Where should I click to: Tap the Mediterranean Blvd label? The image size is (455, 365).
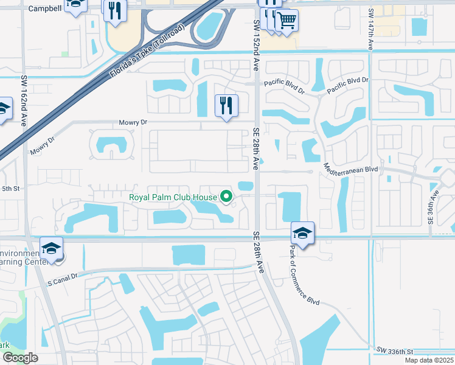[352, 169]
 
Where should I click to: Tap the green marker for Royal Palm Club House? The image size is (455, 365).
[227, 196]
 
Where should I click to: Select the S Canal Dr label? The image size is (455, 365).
[63, 276]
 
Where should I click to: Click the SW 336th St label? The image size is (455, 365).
[394, 351]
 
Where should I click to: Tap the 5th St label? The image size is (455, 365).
[11, 189]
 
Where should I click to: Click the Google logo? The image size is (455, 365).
[20, 358]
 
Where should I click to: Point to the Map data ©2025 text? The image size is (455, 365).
[429, 360]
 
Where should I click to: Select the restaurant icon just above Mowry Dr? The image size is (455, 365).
[226, 106]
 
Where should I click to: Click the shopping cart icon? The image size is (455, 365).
[287, 21]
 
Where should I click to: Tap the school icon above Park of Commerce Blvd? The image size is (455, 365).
[302, 234]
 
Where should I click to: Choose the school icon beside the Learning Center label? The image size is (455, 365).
[52, 249]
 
